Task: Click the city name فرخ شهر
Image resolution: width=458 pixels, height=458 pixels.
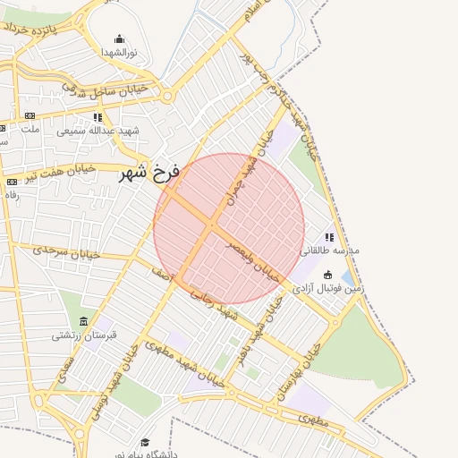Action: pyautogui.click(x=150, y=171)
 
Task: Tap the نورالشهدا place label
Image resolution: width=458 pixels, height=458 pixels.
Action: pyautogui.click(x=119, y=53)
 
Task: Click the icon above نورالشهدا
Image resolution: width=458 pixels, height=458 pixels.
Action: pyautogui.click(x=119, y=39)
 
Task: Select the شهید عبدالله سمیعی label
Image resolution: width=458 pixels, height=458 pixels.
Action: pyautogui.click(x=98, y=131)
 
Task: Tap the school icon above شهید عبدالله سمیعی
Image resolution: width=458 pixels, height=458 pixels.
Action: pyautogui.click(x=98, y=117)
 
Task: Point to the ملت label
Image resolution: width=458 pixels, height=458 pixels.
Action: pyautogui.click(x=30, y=129)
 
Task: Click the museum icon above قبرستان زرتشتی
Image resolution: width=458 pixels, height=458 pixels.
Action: pyautogui.click(x=83, y=322)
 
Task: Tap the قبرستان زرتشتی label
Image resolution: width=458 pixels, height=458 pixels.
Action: pyautogui.click(x=83, y=336)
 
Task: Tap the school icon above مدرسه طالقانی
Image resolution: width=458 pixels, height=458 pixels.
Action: pyautogui.click(x=329, y=238)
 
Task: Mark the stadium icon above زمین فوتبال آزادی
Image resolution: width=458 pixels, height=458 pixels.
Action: pyautogui.click(x=328, y=275)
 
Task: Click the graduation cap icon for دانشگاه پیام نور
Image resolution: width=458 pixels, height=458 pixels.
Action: pyautogui.click(x=145, y=443)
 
